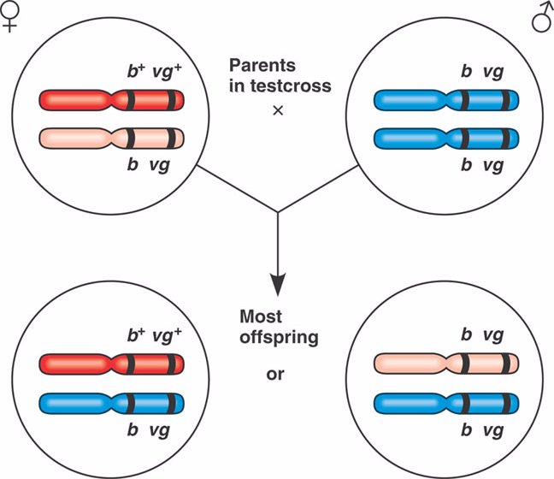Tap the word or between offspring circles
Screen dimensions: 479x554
[275, 374]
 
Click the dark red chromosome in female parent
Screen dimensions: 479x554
[112, 100]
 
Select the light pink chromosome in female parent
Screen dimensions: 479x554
[112, 138]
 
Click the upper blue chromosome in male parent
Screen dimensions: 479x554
[445, 100]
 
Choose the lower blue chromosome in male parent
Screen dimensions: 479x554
[445, 138]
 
